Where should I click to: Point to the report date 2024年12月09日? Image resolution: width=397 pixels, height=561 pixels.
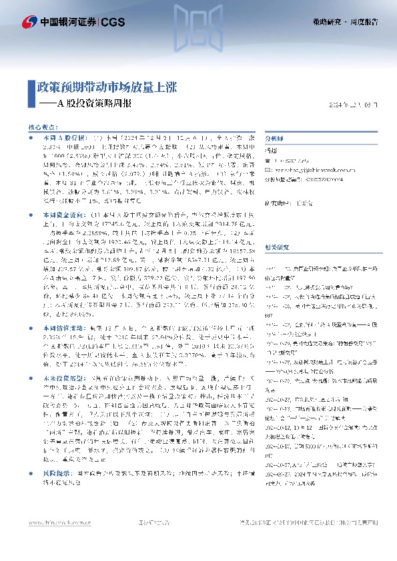tap(358, 105)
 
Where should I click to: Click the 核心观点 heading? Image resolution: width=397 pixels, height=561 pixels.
tap(43, 126)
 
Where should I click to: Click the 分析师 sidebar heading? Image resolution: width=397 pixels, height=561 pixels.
tap(274, 139)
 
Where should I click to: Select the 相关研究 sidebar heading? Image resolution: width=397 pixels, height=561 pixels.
tap(277, 228)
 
